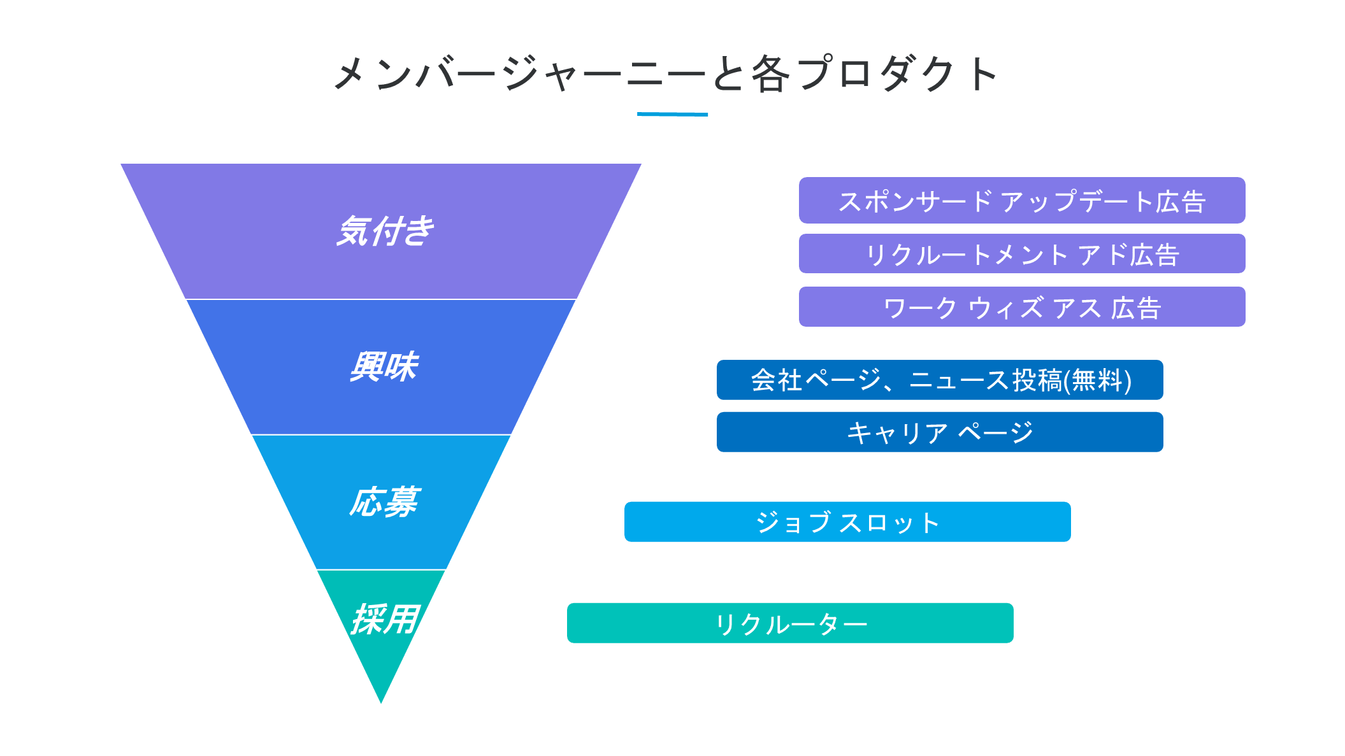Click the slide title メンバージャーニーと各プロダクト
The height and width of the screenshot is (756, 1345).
coord(666,74)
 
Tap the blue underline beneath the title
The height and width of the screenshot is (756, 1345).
coord(672,115)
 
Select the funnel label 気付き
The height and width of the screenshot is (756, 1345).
coord(385,231)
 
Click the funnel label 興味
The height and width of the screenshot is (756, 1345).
coord(384,367)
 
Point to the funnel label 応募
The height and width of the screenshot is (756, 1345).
coord(384,502)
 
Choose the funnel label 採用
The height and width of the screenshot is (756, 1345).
coord(385,620)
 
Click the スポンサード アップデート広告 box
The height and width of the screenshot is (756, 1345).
coord(1022,201)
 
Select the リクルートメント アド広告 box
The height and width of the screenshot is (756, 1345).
coord(1022,253)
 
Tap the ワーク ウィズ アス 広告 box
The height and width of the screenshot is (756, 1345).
coord(1022,307)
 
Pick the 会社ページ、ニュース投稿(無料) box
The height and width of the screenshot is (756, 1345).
coord(940,380)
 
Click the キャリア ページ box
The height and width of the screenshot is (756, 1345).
coord(940,432)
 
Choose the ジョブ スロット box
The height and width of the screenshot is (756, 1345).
coord(847,522)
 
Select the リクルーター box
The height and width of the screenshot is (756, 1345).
coord(790,624)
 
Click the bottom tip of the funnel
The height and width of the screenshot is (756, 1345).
coord(381,703)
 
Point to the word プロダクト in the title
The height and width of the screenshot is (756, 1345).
coord(896,74)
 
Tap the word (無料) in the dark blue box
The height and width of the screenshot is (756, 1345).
coord(1098,381)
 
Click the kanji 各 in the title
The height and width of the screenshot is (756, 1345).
coord(770,74)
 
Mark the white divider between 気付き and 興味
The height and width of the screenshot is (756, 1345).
coord(381,299)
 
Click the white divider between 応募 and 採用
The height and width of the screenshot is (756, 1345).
coord(381,569)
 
